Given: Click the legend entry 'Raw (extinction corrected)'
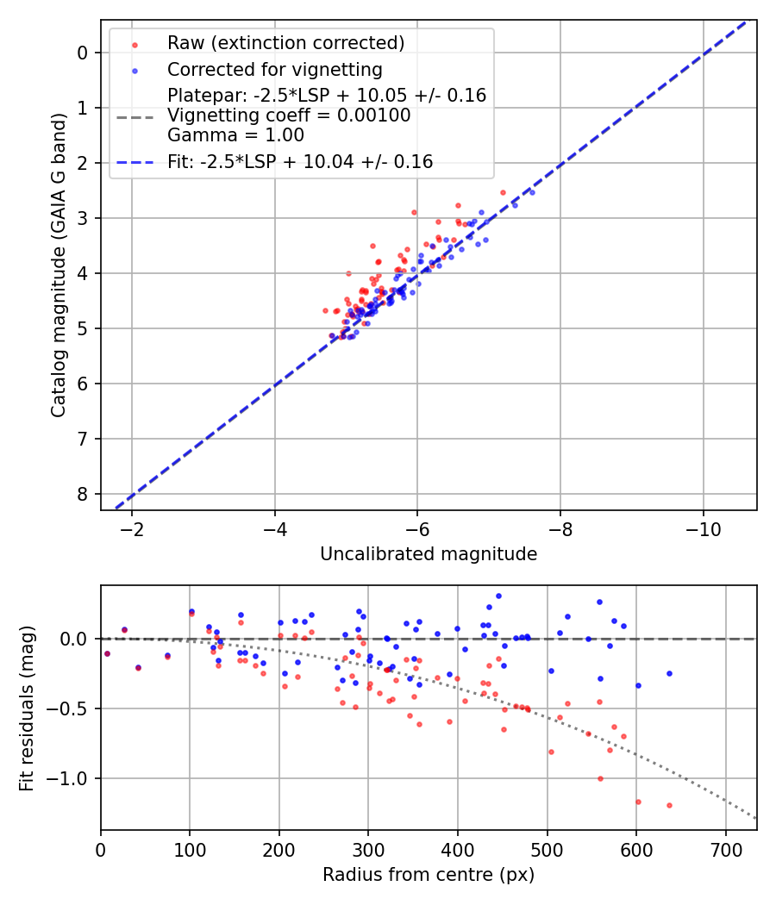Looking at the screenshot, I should click(285, 43).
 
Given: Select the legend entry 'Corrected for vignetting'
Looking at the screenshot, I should click(274, 69).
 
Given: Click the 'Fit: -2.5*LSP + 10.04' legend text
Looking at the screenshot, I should click(300, 161).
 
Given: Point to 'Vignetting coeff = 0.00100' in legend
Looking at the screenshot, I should click(289, 115).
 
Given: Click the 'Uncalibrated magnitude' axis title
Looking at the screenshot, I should click(429, 554).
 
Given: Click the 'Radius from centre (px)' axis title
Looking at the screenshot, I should click(429, 875).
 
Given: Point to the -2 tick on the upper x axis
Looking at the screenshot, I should click(133, 527).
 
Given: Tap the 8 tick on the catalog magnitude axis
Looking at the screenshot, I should click(83, 494).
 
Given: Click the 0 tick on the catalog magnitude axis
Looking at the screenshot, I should click(83, 53).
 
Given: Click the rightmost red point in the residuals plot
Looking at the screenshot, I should click(669, 805).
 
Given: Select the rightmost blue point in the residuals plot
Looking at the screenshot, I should click(669, 673).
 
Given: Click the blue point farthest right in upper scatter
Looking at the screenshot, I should click(532, 192).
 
